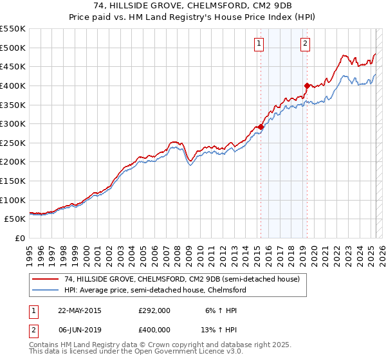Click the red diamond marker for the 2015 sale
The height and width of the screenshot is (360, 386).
pyautogui.click(x=261, y=127)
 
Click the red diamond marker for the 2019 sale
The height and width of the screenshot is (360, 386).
pyautogui.click(x=307, y=85)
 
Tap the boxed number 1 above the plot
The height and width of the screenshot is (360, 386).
pyautogui.click(x=259, y=44)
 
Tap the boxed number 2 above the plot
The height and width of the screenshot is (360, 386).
pyautogui.click(x=304, y=44)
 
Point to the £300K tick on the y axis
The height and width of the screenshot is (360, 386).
pyautogui.click(x=13, y=123)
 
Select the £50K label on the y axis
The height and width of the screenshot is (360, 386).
pyautogui.click(x=15, y=219)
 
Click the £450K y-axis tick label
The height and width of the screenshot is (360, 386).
pyautogui.click(x=13, y=66)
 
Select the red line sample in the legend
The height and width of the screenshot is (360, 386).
pyautogui.click(x=47, y=280)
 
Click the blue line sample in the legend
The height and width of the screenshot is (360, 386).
pyautogui.click(x=47, y=291)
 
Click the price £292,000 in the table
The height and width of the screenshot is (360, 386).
pyautogui.click(x=154, y=310)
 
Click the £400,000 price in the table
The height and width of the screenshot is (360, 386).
pyautogui.click(x=154, y=330)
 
